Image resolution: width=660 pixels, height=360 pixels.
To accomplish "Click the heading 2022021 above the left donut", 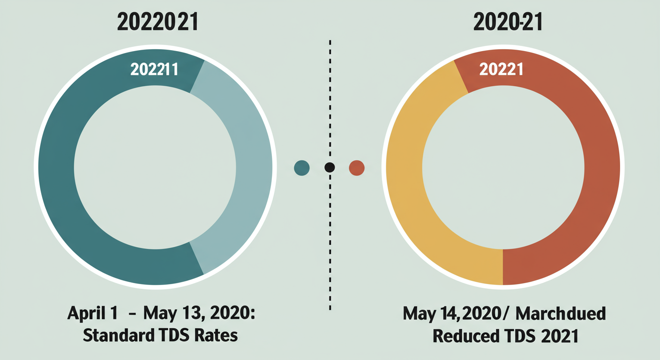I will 157,23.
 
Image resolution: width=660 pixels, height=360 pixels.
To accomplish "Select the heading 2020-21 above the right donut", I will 508,23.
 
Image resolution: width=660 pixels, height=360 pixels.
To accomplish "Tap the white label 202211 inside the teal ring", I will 154,69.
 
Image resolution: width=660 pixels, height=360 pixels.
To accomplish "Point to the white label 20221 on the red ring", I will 501,69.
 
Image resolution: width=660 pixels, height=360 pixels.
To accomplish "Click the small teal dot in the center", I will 302,167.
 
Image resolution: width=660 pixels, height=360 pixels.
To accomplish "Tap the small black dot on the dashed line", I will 330,167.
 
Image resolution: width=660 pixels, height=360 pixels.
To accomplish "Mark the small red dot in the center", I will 357,167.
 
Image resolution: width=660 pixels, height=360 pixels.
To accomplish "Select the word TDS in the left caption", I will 174,336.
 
